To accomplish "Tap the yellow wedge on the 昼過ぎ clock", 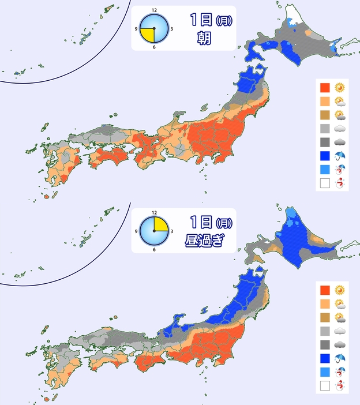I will click(161, 223).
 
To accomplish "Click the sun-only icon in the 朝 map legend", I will click(340, 88).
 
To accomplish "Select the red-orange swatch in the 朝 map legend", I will click(325, 88).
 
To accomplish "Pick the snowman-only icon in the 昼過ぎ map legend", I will click(340, 385).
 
